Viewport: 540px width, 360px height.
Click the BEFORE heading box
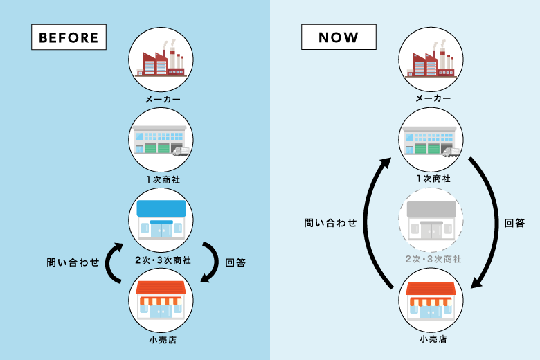[x=69, y=37]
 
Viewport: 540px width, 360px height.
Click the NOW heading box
[x=339, y=37]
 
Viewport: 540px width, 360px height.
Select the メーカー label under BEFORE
[x=162, y=99]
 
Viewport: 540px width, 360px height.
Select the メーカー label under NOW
[x=432, y=99]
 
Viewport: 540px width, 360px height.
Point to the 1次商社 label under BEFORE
[x=162, y=179]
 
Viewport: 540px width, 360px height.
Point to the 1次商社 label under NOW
[x=432, y=179]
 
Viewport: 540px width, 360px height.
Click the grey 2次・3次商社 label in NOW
[x=432, y=259]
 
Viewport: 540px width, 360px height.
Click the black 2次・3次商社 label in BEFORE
[x=162, y=260]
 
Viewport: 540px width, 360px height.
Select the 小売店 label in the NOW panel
[x=432, y=339]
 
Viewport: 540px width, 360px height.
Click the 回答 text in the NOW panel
[x=514, y=223]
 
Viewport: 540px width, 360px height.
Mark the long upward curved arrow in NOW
[x=370, y=222]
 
